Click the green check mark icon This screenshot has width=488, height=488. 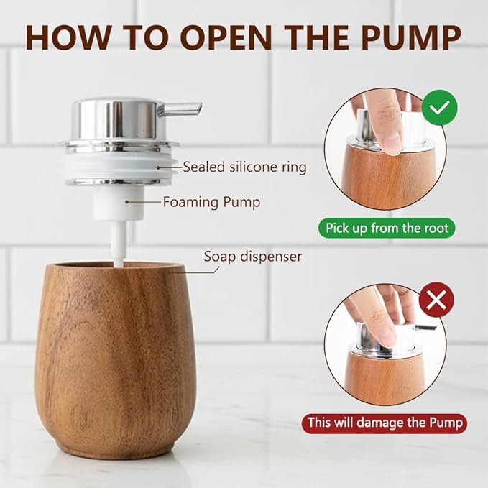pyautogui.click(x=439, y=109)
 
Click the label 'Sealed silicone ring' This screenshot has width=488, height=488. pyautogui.click(x=244, y=167)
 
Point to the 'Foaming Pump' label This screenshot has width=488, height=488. pyautogui.click(x=211, y=202)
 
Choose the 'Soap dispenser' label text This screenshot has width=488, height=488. pyautogui.click(x=252, y=256)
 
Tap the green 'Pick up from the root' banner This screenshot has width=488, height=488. pyautogui.click(x=386, y=229)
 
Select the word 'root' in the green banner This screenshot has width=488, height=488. pyautogui.click(x=433, y=229)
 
